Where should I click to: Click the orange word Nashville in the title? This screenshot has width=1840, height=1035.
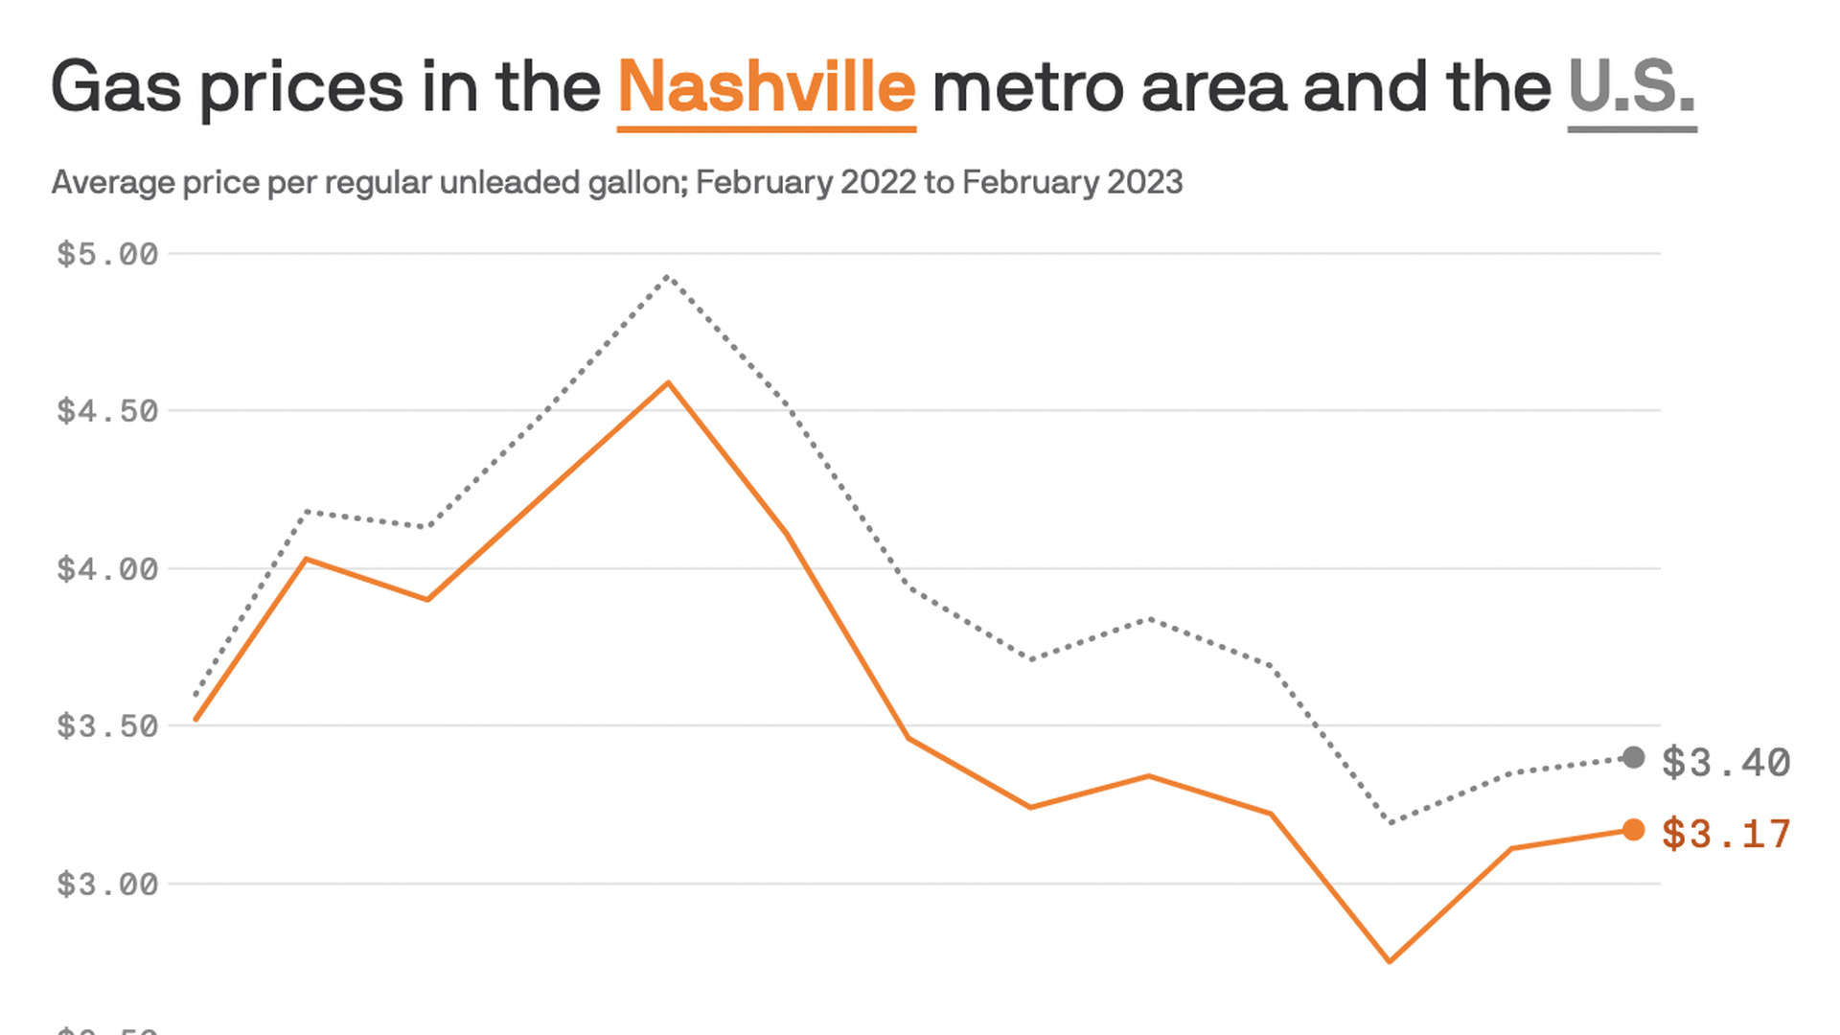pos(767,87)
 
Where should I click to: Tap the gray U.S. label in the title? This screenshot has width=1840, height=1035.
pos(1631,87)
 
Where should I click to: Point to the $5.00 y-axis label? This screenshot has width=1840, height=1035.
pos(107,254)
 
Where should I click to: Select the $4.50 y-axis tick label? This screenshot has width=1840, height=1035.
pos(107,411)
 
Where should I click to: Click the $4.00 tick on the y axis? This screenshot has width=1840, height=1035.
pos(107,569)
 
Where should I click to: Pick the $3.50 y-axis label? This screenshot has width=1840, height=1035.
pos(107,726)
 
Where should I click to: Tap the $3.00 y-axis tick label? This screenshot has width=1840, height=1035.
pos(107,884)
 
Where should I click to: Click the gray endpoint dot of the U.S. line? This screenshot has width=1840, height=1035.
pos(1633,758)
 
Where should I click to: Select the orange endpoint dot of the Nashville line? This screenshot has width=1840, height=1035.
pos(1633,830)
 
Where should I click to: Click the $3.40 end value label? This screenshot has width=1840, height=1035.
pos(1726,763)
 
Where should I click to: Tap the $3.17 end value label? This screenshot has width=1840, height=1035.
pos(1726,835)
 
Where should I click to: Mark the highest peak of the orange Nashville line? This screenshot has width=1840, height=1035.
pos(668,383)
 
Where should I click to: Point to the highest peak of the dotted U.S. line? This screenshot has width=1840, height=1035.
pos(667,276)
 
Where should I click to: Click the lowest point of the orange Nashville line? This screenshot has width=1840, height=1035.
pos(1390,961)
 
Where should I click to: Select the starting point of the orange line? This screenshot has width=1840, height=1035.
pos(195,719)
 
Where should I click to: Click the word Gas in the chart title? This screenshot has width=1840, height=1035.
pos(116,87)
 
